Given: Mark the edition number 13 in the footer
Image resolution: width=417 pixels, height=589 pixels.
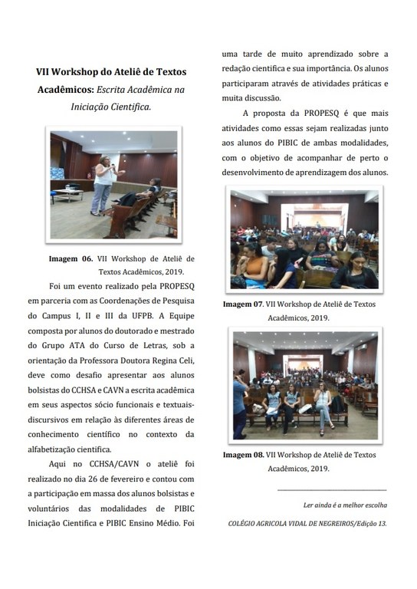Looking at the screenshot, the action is point(382,523).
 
